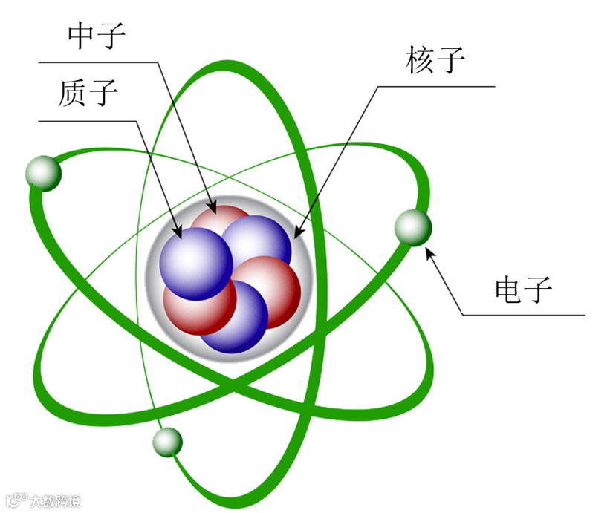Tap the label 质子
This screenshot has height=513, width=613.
[87, 93]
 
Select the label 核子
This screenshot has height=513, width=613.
[435, 60]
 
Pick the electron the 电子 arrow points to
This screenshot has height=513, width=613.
[412, 227]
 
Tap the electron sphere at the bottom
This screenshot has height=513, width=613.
[167, 442]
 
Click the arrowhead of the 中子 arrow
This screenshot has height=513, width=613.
[214, 209]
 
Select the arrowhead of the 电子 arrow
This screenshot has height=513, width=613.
[428, 252]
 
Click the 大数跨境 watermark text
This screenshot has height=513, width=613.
[53, 501]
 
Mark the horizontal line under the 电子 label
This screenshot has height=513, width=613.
[524, 316]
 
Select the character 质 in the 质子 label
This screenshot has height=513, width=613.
[72, 93]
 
